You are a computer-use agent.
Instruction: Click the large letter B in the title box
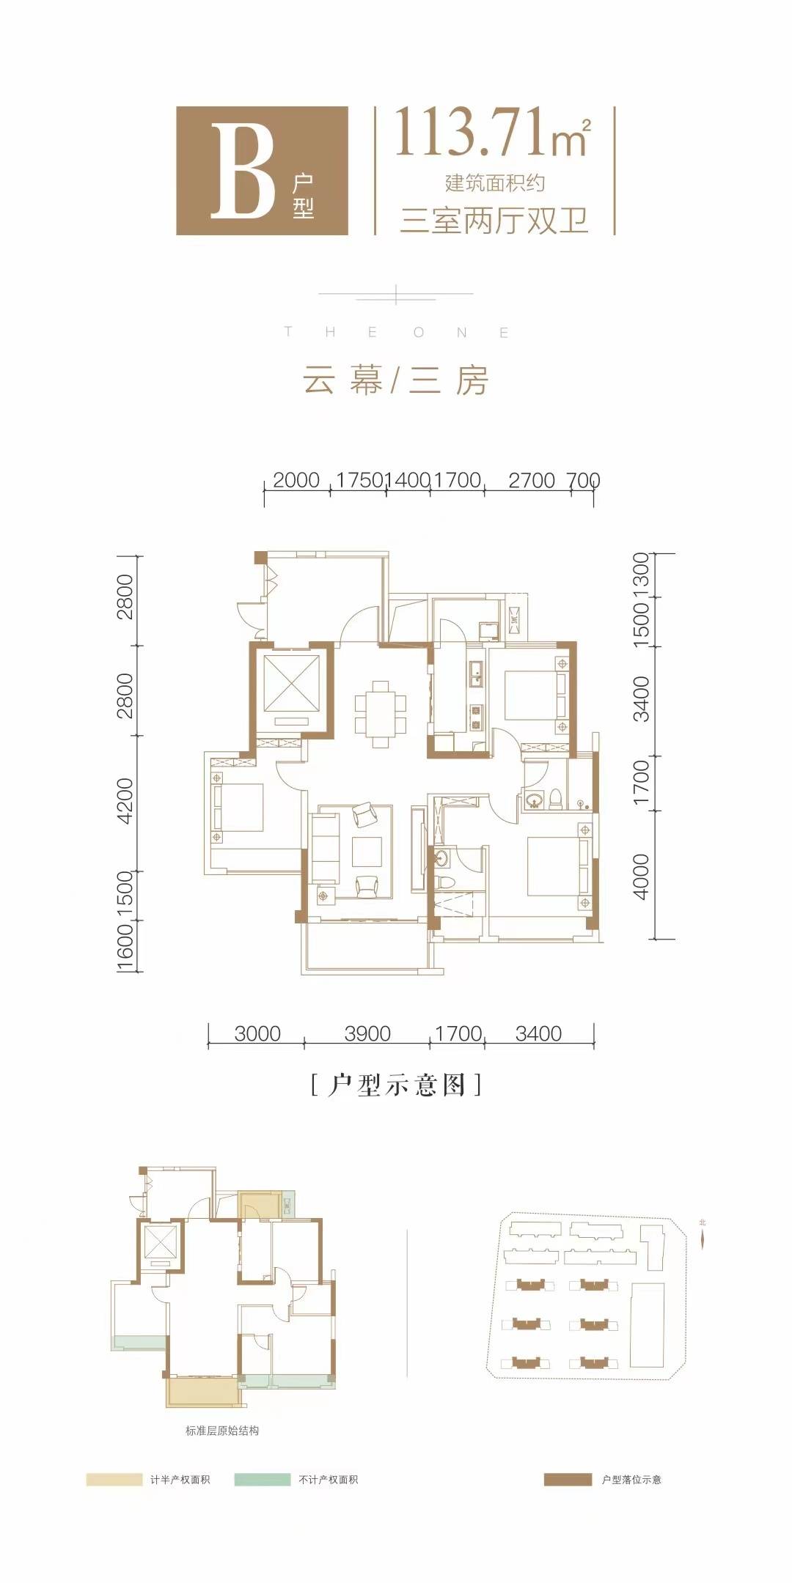coord(242,170)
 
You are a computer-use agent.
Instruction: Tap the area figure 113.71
coord(473,133)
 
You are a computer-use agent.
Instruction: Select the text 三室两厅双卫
coord(494,220)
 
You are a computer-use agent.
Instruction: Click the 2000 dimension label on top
coord(296,480)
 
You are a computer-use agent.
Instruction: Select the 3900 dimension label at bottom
coord(367,1033)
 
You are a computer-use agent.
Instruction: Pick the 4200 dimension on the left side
coord(125,800)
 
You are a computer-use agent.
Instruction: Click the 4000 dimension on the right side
coord(641,877)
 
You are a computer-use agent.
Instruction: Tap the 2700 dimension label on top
coord(531,480)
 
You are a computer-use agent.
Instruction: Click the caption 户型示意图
coord(396,1084)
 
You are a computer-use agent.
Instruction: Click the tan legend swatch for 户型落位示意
coord(568,1480)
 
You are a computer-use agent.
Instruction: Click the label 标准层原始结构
coord(221,1430)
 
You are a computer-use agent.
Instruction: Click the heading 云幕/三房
coord(396,381)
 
